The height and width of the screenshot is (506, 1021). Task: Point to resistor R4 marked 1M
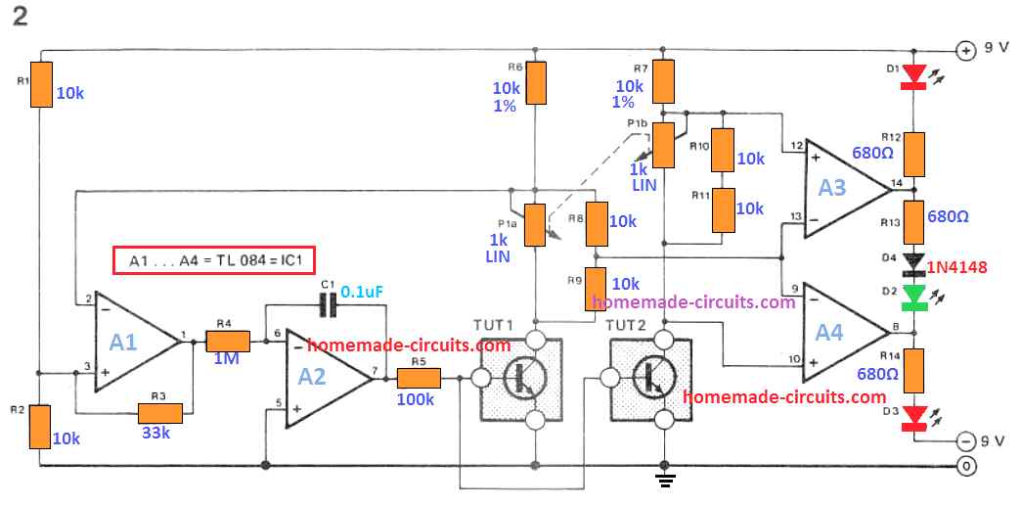228,340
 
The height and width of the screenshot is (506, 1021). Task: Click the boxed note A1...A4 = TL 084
200,261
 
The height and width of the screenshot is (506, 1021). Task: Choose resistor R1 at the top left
40,85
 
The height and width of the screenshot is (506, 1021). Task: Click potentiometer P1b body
664,144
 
